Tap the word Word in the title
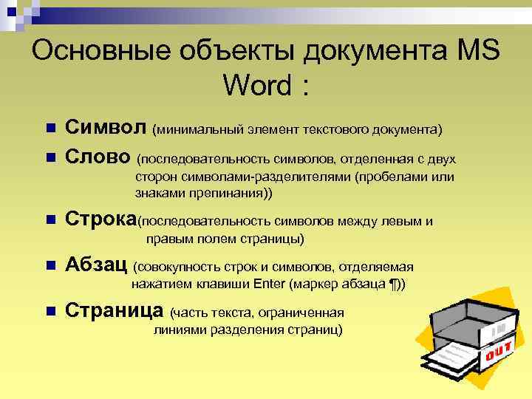252,86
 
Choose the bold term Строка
101,219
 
